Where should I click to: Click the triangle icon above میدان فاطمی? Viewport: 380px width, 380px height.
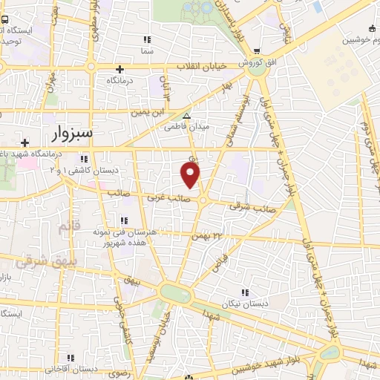[186, 117]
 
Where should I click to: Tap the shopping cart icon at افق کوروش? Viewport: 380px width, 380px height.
[257, 51]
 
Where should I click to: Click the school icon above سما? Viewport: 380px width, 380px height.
[147, 39]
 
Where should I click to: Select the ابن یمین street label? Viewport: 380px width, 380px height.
[146, 112]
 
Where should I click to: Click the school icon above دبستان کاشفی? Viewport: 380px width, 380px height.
[86, 159]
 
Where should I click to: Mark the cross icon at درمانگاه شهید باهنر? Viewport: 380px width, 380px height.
[26, 142]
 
